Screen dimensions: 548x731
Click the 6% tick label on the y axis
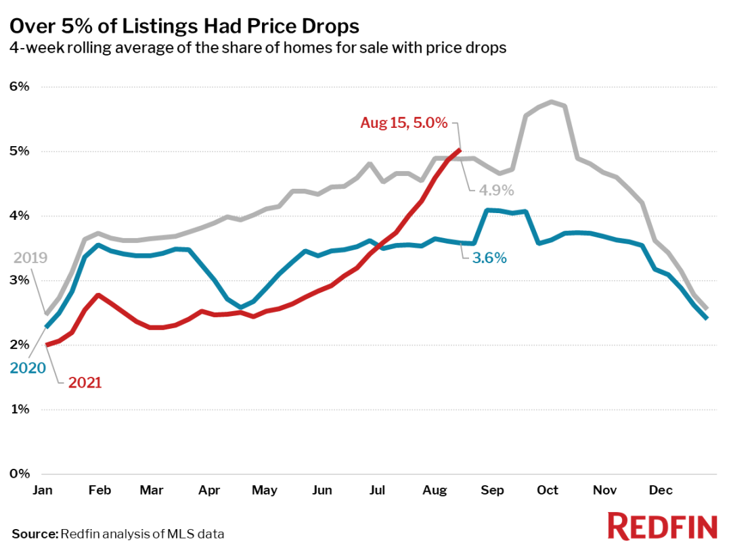20,87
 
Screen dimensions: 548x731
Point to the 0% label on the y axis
20,474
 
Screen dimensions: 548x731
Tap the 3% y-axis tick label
20,280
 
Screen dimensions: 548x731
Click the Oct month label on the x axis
548,490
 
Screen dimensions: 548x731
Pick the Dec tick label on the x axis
661,490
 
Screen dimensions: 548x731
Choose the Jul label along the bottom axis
377,490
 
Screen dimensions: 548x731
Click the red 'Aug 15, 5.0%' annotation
404,123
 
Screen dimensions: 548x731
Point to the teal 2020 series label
28,368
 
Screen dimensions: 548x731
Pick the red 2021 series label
85,383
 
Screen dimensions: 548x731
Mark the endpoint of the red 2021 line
460,150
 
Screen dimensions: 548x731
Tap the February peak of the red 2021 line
99,295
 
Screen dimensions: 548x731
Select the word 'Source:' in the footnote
35,534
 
